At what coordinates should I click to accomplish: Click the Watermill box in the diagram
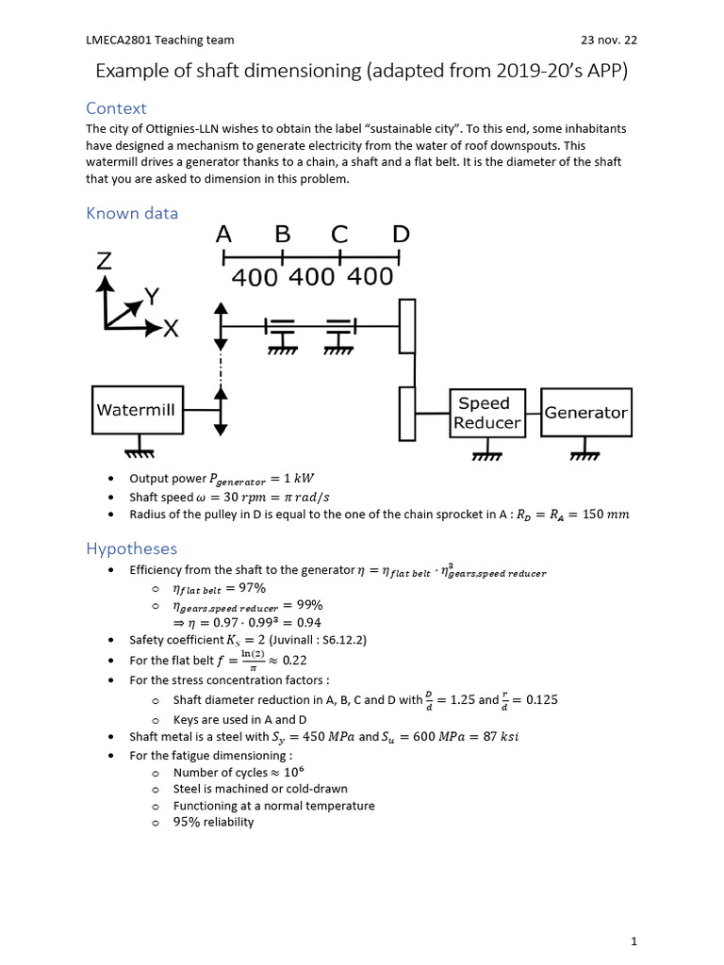coord(137,410)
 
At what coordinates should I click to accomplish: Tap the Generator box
coord(585,413)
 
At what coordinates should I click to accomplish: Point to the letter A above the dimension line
coord(223,234)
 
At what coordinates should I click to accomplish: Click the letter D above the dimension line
coord(401,234)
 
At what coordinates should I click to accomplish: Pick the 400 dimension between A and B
coord(255,278)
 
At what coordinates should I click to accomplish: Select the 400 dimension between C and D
coord(370,277)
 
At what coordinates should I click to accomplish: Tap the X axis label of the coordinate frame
coord(171,329)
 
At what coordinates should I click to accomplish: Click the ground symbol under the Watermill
coord(140,451)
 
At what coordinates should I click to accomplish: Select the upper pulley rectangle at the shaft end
coord(407,326)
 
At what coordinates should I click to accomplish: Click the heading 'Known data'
coord(132,213)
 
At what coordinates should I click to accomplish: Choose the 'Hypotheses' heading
coord(131,548)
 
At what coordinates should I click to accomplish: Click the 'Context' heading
coord(116,108)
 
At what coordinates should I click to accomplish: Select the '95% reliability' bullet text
coord(213,822)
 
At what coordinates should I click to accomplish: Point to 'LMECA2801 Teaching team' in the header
coord(160,40)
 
